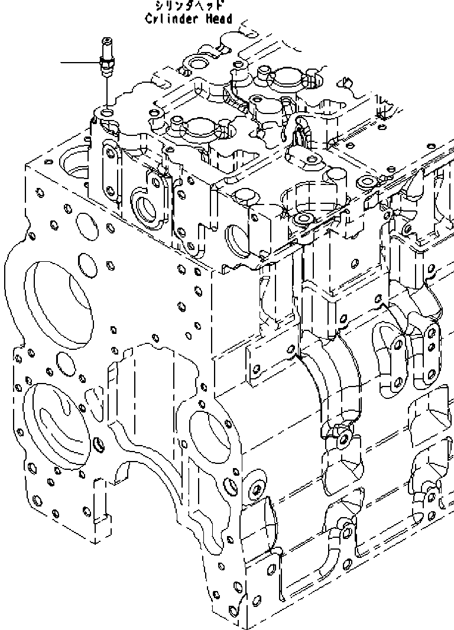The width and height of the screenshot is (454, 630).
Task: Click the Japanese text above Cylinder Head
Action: pos(189,6)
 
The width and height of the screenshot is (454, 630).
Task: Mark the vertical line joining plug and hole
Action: pos(106,92)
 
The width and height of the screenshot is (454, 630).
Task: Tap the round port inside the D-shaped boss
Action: pos(145,208)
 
